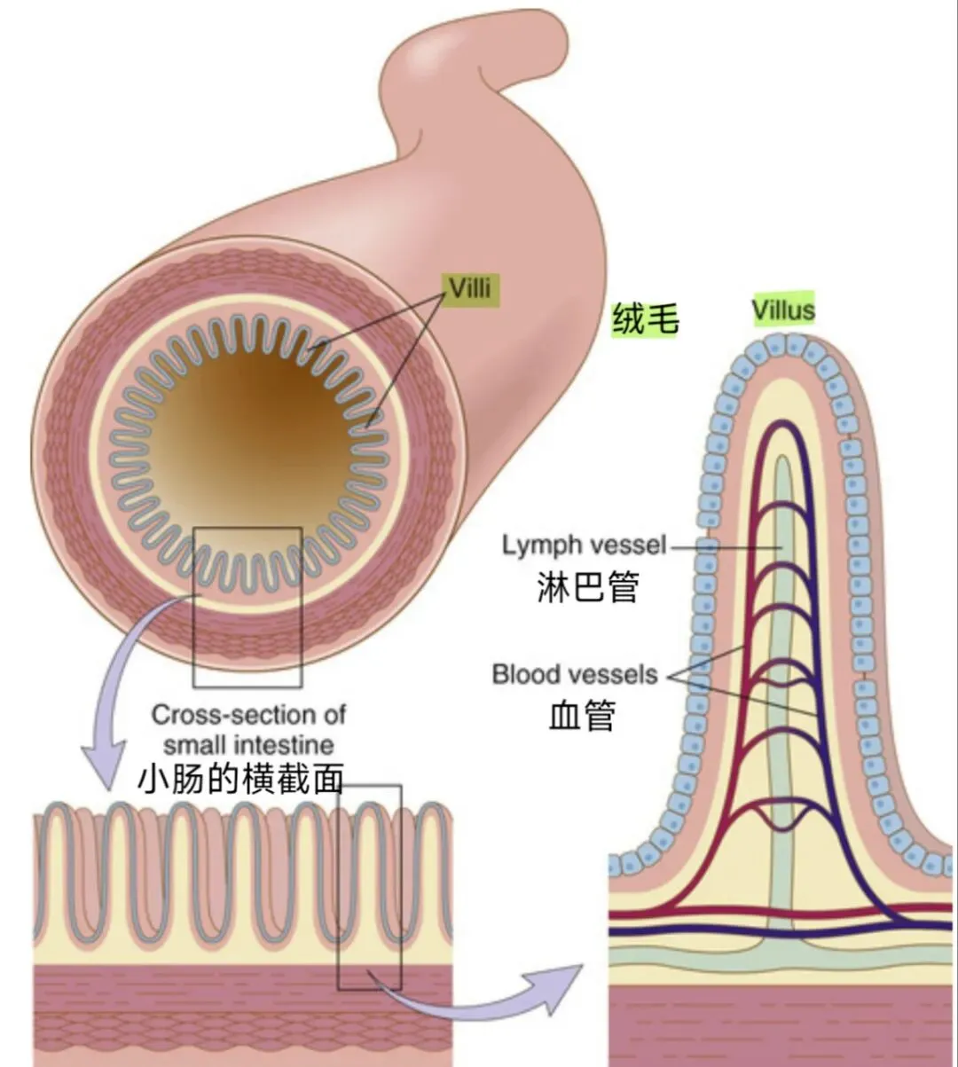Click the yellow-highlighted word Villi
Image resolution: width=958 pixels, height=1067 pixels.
point(469,290)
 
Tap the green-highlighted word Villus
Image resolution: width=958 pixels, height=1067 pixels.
point(781,310)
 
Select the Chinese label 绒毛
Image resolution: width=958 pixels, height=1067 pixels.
point(645,318)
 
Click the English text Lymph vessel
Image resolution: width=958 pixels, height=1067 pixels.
point(583,545)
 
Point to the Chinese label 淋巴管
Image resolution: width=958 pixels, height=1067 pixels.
point(587,586)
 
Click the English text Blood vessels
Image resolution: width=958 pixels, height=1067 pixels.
point(575,674)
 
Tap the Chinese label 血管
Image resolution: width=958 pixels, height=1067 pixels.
point(581,715)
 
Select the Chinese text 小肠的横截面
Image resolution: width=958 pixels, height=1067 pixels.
point(240,779)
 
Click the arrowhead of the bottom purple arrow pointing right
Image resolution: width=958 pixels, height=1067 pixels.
point(564,986)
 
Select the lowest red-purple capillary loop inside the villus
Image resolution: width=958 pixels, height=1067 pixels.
point(781,814)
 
